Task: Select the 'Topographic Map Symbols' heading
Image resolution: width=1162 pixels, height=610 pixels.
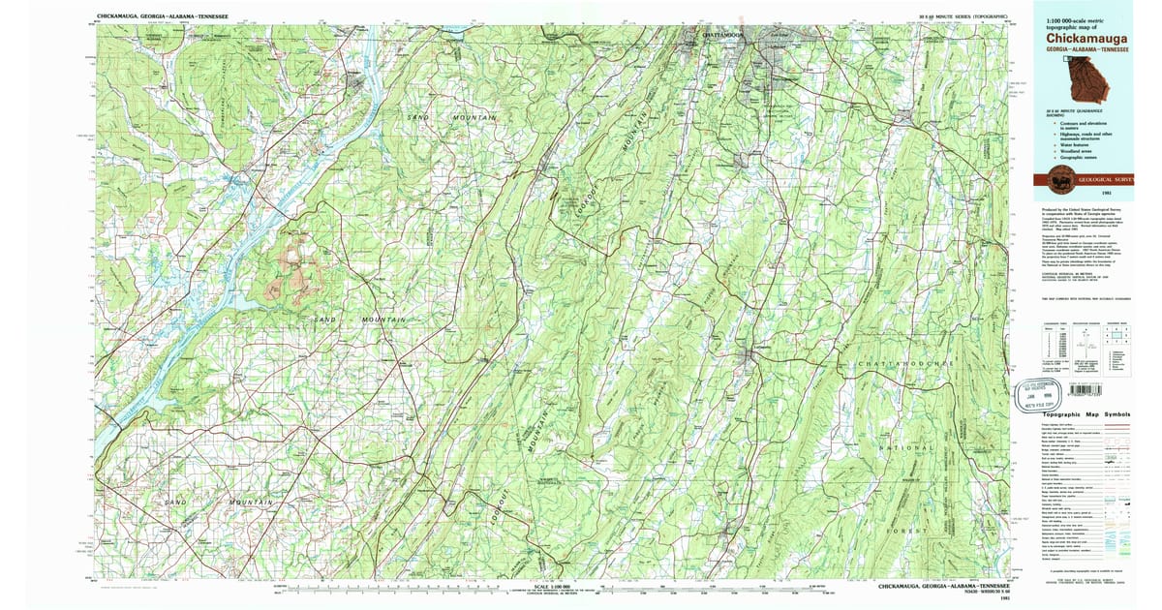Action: pyautogui.click(x=1086, y=413)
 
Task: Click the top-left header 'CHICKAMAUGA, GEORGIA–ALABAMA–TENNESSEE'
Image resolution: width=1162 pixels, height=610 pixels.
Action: pyautogui.click(x=163, y=16)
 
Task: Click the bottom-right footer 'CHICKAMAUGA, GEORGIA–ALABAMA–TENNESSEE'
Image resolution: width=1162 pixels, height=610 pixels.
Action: pyautogui.click(x=944, y=587)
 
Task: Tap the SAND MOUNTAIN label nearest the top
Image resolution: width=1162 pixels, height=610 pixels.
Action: pyautogui.click(x=450, y=117)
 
